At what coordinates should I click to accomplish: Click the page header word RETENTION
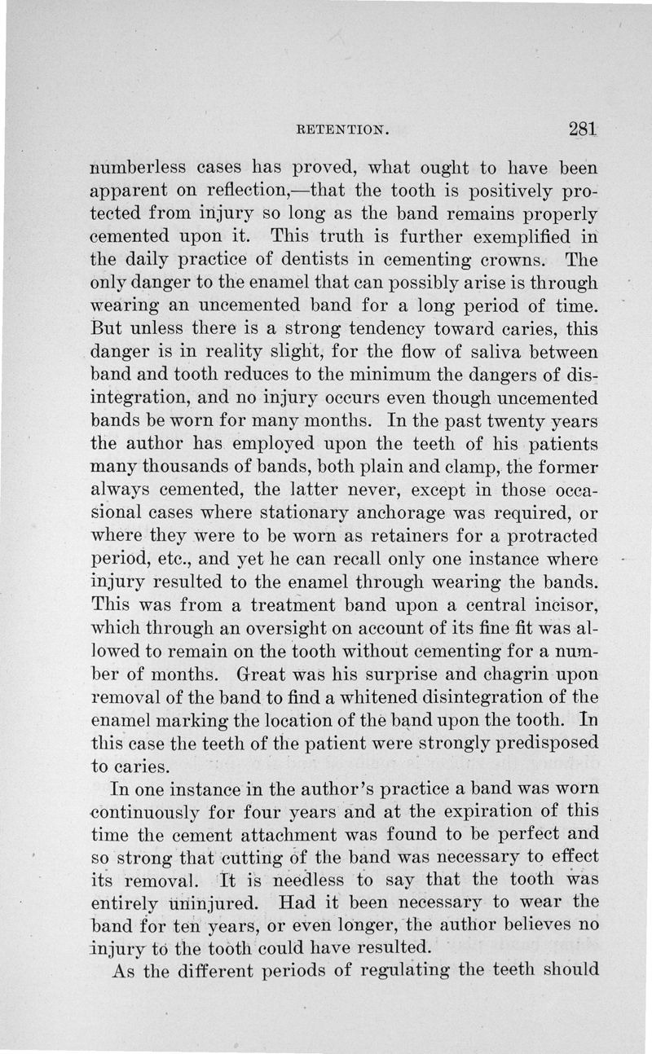341,128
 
